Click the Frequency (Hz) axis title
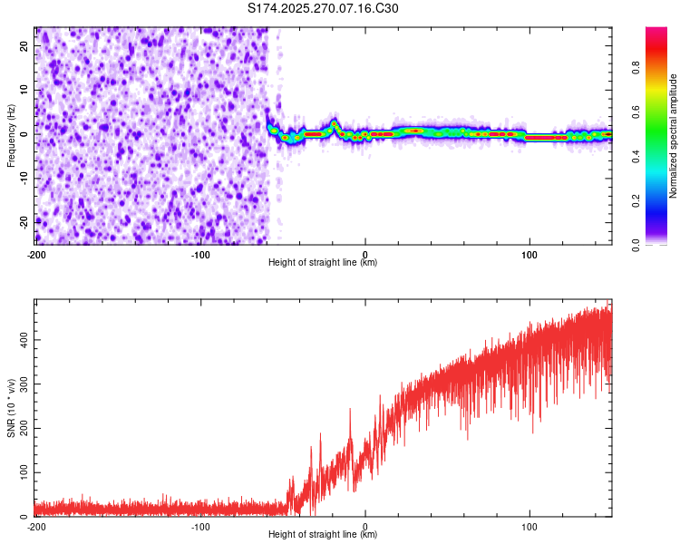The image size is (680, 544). click(x=11, y=136)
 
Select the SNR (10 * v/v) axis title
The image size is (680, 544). click(x=11, y=407)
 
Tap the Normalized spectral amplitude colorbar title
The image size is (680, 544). click(x=673, y=136)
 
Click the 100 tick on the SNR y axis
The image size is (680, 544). click(x=22, y=473)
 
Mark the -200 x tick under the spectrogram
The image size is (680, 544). click(x=36, y=253)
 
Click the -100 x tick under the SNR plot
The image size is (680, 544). click(x=200, y=526)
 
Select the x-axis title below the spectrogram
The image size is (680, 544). click(x=324, y=263)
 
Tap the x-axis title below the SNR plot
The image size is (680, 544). click(x=324, y=536)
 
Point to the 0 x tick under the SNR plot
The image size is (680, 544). click(x=365, y=526)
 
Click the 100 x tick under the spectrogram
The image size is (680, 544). click(x=529, y=253)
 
